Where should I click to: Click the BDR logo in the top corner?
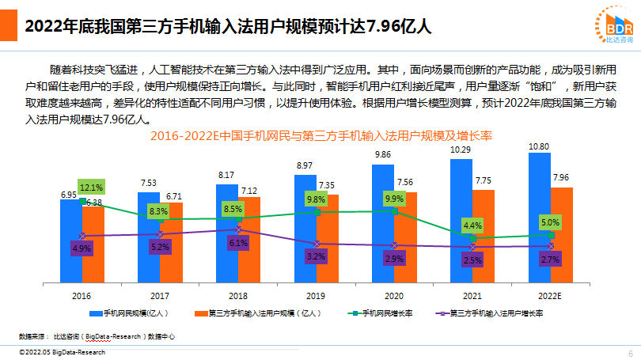[614, 24]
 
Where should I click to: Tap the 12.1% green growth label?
[91, 188]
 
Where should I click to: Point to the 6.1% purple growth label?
[239, 244]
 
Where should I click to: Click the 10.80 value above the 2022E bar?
[539, 146]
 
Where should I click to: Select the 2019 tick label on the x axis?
[316, 295]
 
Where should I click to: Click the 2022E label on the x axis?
[549, 295]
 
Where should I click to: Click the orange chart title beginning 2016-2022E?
[320, 136]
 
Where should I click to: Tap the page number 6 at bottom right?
[630, 353]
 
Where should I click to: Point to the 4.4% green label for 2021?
[472, 225]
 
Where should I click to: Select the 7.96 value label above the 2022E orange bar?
[562, 176]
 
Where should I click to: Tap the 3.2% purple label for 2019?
[316, 256]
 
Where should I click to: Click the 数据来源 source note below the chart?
[95, 336]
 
